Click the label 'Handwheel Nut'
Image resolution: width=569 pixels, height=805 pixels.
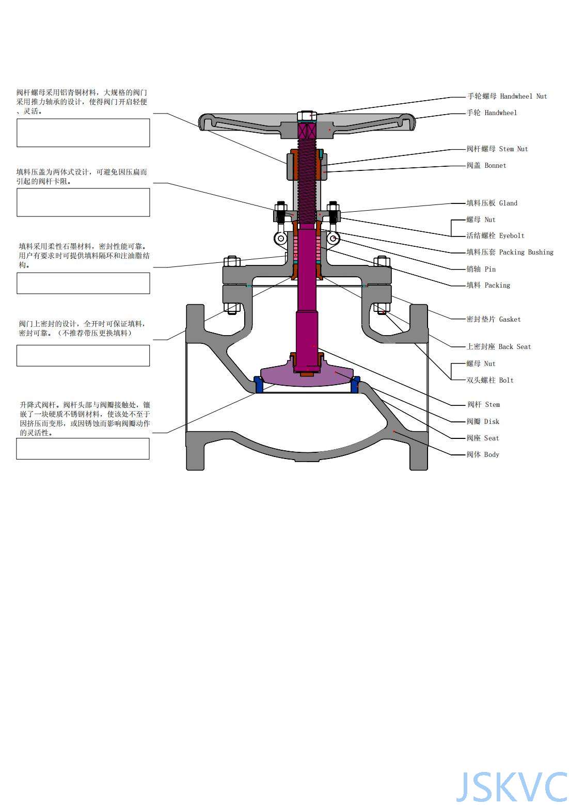coord(507,96)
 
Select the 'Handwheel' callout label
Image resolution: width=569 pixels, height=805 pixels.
coord(491,113)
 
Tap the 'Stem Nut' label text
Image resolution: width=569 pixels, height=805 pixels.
coord(497,149)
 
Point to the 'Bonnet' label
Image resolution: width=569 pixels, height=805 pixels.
coord(486,165)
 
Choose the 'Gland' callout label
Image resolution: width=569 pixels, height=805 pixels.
coord(492,203)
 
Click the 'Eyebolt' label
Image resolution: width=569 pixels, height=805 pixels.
coord(495,235)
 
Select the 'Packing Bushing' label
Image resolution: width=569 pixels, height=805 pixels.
coord(509,252)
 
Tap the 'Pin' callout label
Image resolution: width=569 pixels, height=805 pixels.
coord(481,269)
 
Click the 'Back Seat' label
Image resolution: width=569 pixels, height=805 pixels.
coord(498,346)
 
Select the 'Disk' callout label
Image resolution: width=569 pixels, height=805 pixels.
coord(483,421)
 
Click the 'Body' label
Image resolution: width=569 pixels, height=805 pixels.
coord(483,454)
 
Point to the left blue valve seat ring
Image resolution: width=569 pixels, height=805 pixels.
coord(259,385)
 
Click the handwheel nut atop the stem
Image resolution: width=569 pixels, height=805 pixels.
coord(307,116)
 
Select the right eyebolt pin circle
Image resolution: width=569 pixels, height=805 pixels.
coord(333,238)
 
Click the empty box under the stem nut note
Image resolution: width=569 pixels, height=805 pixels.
coord(83,133)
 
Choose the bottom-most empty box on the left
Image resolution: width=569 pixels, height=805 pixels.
coord(83,449)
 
